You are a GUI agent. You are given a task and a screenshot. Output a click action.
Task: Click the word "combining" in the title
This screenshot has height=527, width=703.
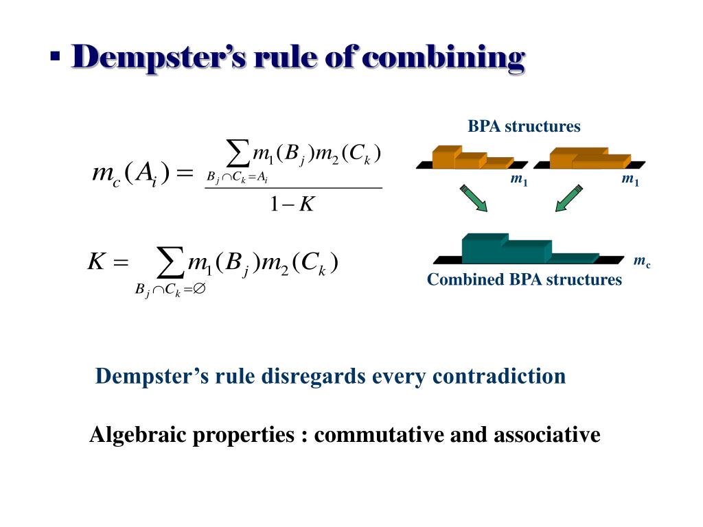tap(443, 57)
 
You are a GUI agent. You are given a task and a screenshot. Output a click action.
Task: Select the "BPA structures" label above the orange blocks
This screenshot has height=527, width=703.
tap(524, 126)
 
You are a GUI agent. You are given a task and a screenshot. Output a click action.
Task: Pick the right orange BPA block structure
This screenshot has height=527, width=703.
tap(588, 159)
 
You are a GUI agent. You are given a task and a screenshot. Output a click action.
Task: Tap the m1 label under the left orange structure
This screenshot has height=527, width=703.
tap(518, 180)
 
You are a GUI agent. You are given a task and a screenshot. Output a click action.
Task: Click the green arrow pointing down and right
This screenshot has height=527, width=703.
tap(474, 198)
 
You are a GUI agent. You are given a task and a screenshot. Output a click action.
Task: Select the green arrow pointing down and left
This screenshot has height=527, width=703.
tap(568, 198)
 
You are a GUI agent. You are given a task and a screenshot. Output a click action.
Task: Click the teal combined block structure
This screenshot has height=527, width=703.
tap(515, 250)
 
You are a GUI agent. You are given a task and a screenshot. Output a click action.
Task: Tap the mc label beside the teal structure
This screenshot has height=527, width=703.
tap(642, 261)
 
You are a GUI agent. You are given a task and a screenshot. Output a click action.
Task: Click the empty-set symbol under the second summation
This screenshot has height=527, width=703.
tap(199, 290)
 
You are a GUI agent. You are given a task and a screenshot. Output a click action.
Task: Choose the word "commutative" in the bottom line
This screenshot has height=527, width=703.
tap(377, 435)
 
